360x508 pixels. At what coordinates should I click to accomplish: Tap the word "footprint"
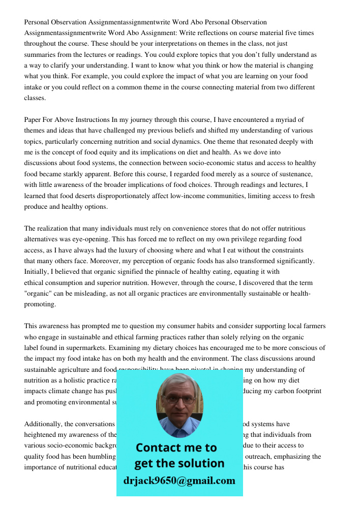point(306,391)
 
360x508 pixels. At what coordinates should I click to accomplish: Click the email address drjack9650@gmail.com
point(179,481)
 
